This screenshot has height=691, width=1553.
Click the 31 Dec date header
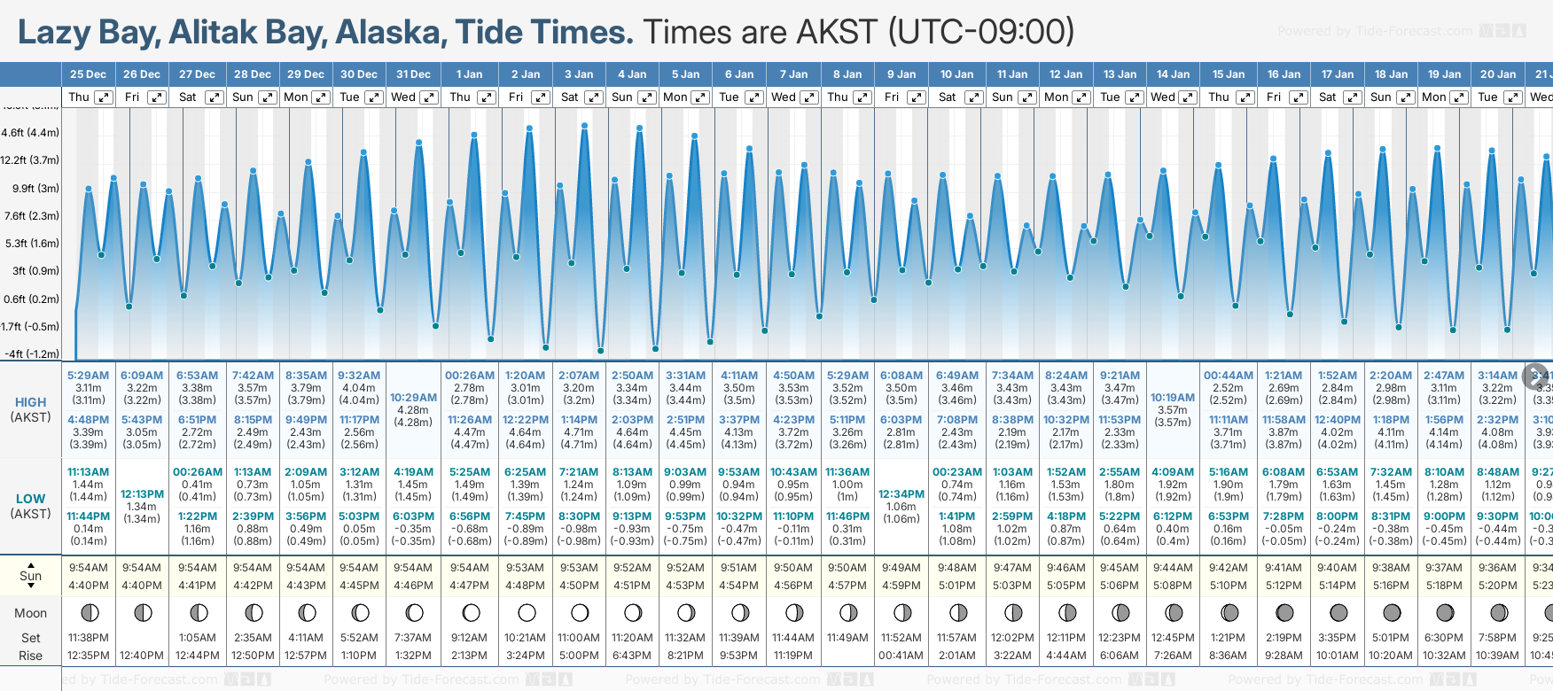pos(413,74)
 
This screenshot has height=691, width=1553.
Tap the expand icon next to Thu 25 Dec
pos(104,97)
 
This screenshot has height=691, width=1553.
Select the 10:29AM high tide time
pos(413,398)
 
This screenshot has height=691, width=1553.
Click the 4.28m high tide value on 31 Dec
pos(413,410)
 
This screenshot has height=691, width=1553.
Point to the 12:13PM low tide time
pos(142,494)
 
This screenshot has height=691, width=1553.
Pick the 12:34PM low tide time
pos(901,494)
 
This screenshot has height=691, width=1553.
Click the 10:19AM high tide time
pos(1173,398)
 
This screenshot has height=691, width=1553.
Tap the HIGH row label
pos(30,402)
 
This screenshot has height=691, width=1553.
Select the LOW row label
pos(30,499)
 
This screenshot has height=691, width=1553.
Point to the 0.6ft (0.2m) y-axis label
pos(31,299)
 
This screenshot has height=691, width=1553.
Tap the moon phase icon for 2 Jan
pos(527,612)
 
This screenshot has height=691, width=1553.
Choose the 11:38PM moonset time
pos(88,638)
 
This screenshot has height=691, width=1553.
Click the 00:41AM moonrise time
pos(901,656)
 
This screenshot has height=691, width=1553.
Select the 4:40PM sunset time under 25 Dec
pos(88,586)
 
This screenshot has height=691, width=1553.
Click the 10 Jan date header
pos(956,74)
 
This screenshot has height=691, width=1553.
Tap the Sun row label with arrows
pos(30,576)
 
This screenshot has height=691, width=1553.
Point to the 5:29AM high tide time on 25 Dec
pos(88,376)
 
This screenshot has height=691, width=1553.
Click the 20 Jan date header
pos(1498,74)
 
